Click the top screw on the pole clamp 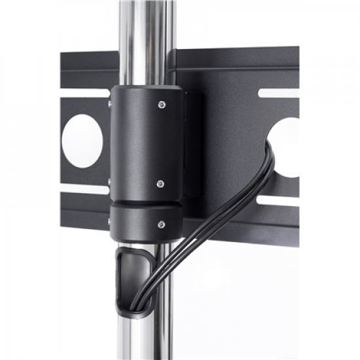[161, 103]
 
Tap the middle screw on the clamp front [160, 185]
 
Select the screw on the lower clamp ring [161, 224]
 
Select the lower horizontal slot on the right [278, 197]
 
